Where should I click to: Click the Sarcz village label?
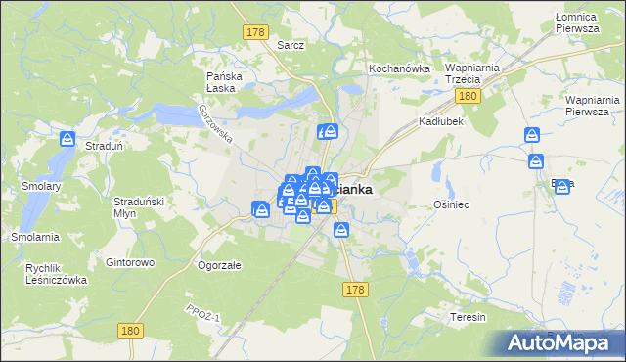point(291,45)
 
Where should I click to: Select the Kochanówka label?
point(399,69)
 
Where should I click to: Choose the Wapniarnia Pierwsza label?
point(593,105)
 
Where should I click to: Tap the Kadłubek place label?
point(440,121)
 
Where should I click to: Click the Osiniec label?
point(452,204)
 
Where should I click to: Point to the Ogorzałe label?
point(219,265)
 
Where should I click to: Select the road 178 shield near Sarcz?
point(256,32)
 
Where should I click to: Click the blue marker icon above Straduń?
point(67,139)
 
